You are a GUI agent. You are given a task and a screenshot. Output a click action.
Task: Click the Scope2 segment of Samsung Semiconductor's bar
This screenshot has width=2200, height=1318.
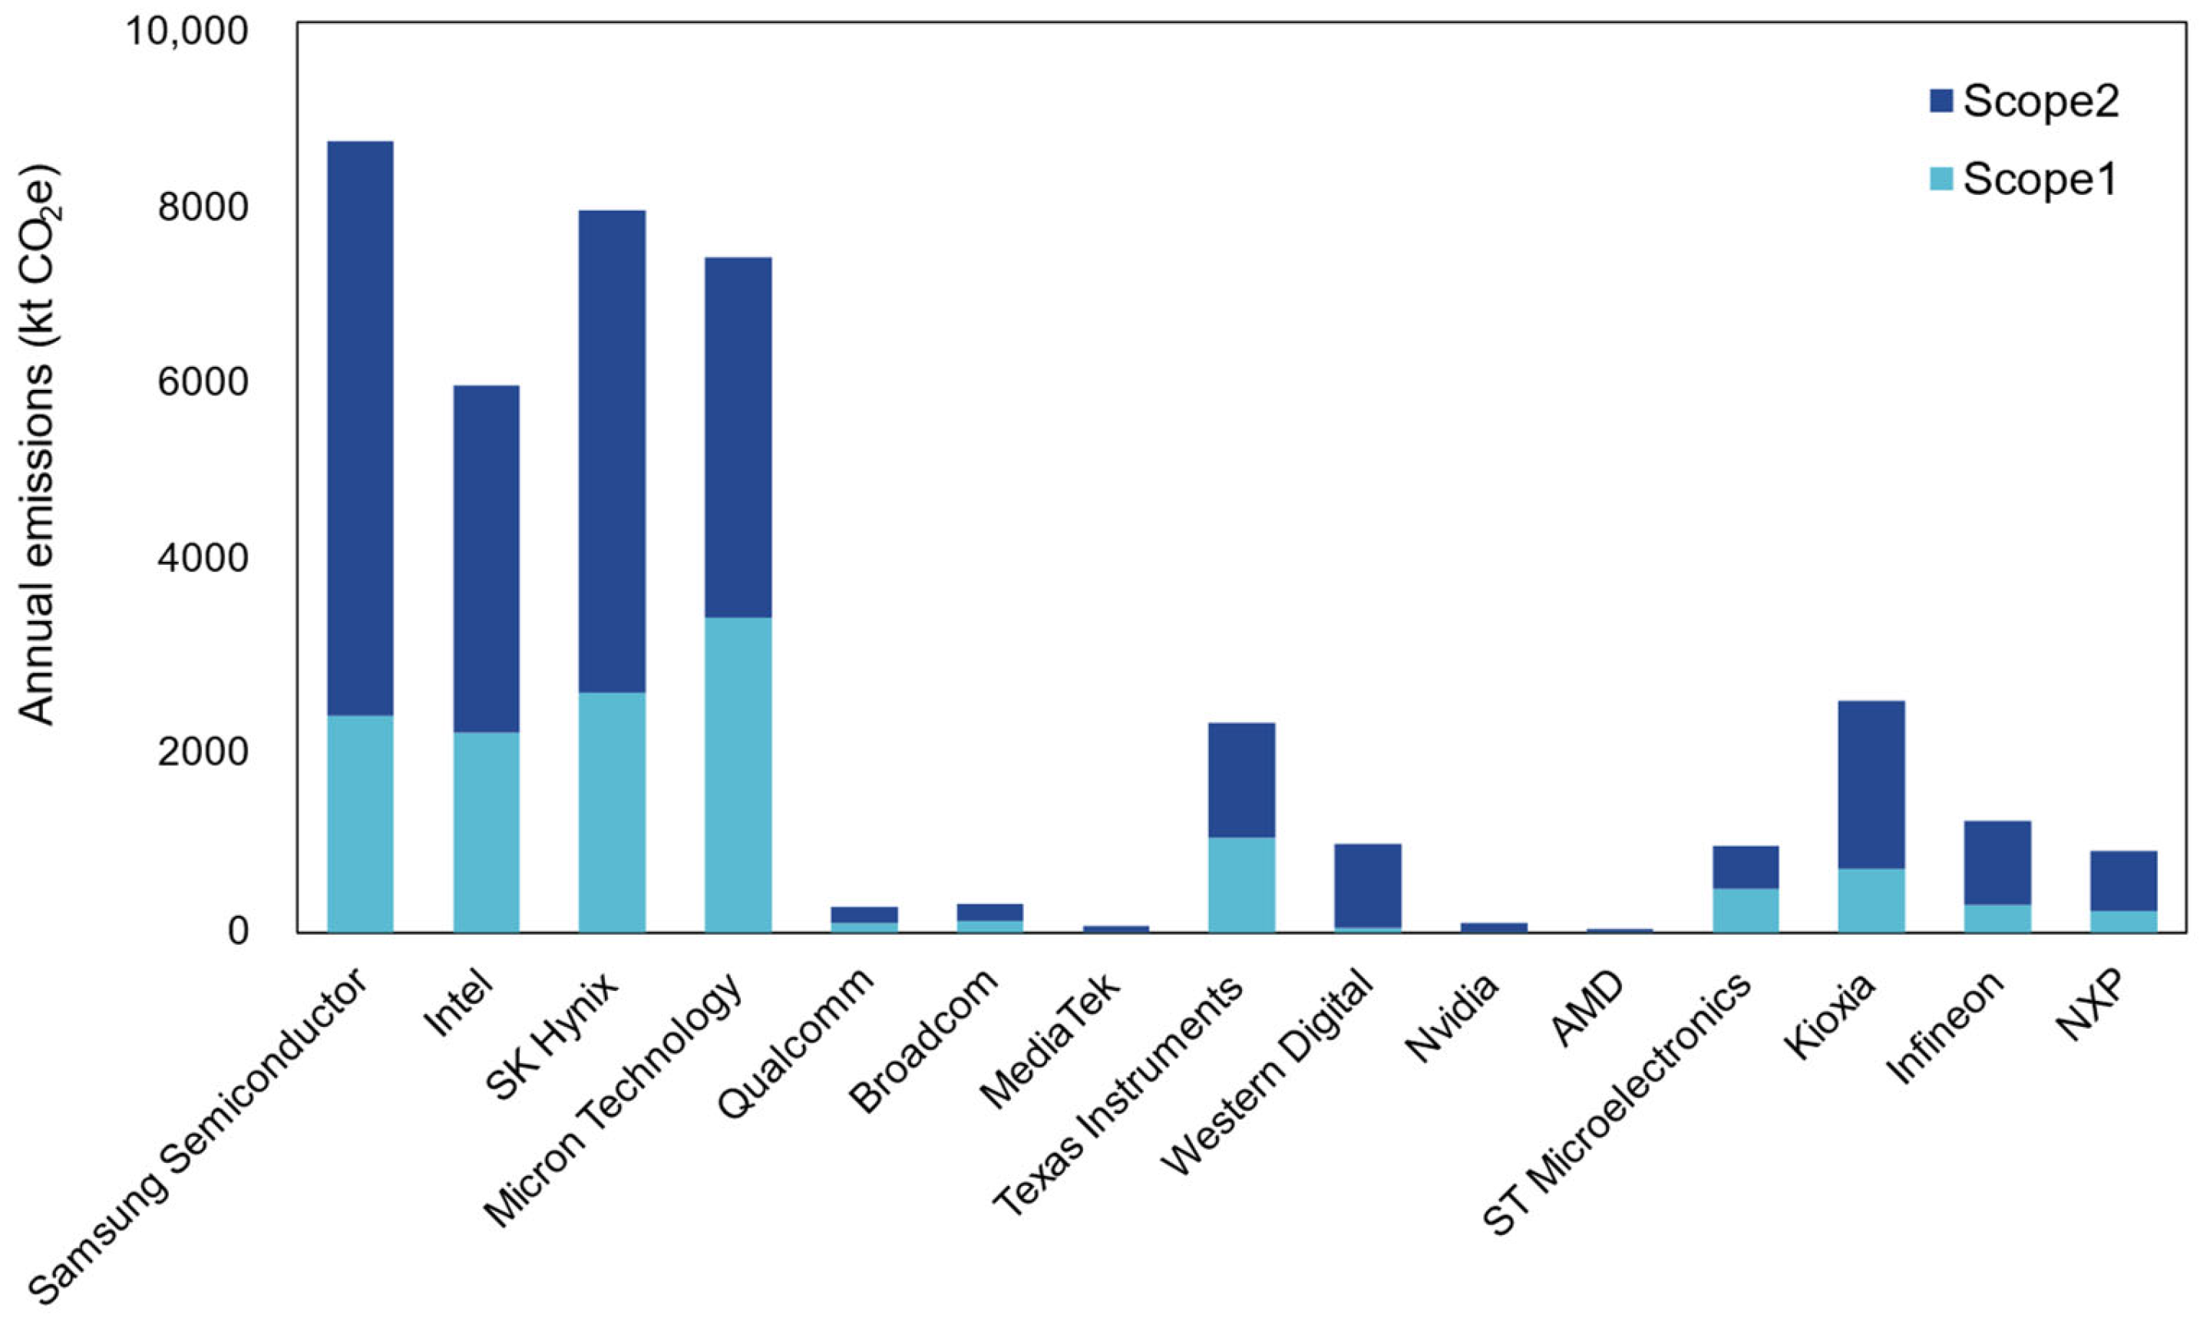click(360, 426)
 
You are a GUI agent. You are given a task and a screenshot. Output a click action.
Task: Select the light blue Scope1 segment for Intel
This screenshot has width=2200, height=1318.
click(486, 831)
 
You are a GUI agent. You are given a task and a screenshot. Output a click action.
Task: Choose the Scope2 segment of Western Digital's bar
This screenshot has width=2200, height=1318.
click(1367, 884)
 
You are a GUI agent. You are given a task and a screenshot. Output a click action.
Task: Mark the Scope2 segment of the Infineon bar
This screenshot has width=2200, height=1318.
click(1997, 861)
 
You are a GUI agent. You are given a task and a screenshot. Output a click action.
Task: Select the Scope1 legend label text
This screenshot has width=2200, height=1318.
click(2040, 180)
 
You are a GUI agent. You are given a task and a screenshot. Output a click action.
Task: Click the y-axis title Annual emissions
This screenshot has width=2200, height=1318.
click(38, 444)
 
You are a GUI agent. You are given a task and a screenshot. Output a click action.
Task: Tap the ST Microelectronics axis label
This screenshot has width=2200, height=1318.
click(1617, 1102)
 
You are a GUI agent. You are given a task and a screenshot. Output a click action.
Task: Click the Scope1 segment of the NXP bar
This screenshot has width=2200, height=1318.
click(2122, 920)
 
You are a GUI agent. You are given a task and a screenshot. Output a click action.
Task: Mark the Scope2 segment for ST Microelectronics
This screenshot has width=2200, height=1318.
click(1746, 866)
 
